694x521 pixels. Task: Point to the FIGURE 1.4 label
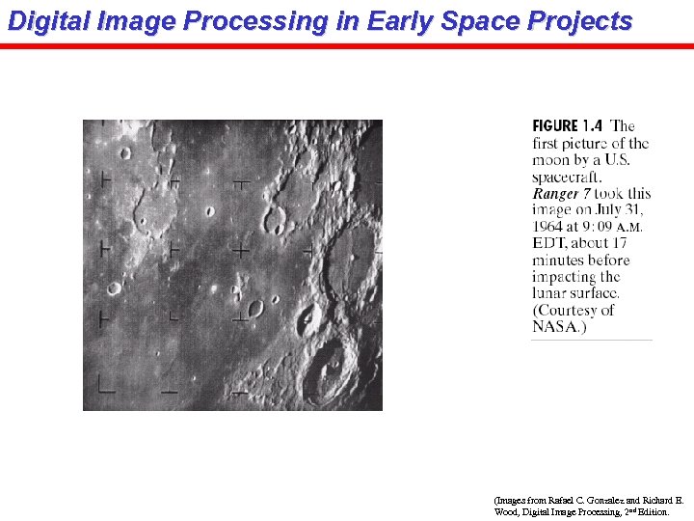(568, 126)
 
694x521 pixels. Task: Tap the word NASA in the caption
(554, 327)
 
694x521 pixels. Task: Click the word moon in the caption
(552, 160)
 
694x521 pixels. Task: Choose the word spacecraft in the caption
(567, 178)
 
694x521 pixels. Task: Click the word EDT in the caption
(549, 243)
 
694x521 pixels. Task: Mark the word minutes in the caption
(560, 260)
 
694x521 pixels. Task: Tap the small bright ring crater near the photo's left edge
(114, 288)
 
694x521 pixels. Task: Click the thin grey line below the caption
(591, 340)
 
